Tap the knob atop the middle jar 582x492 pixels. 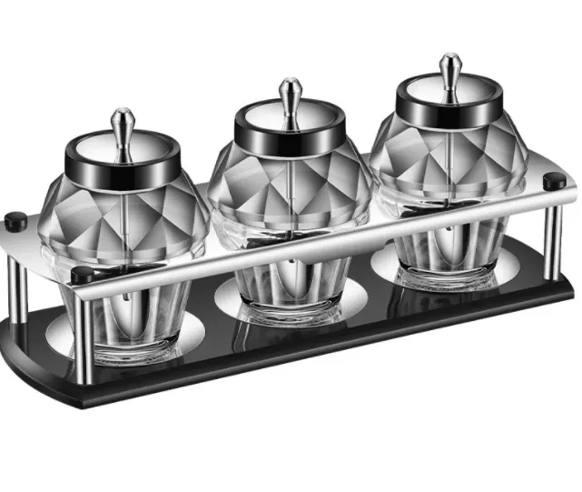pyautogui.click(x=290, y=93)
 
